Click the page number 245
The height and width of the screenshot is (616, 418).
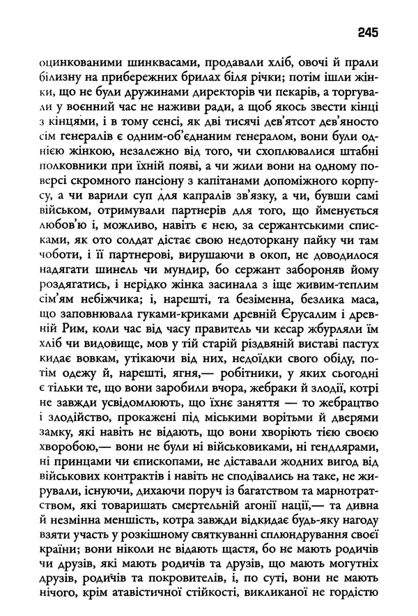pos(369,31)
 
